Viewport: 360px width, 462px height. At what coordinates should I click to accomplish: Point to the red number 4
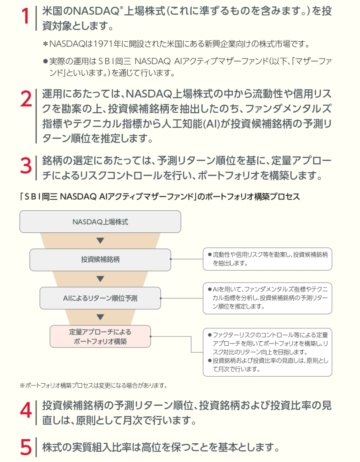pos(25,411)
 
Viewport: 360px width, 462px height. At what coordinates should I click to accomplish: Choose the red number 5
pos(25,447)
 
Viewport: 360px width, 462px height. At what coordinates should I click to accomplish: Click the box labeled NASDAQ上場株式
pos(100,222)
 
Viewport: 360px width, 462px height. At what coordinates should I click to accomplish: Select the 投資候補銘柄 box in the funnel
pos(100,259)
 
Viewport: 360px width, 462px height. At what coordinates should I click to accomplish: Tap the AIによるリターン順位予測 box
pos(100,298)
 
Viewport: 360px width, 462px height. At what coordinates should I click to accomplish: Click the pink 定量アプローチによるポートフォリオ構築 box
pos(100,336)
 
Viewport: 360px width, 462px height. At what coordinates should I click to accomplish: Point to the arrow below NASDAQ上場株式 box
pos(100,241)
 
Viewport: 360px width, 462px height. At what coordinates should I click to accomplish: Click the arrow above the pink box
pos(100,317)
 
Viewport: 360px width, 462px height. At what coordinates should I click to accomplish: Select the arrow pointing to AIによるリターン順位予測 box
pos(100,279)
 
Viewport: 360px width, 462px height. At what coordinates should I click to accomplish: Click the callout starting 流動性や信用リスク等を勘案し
pos(267,259)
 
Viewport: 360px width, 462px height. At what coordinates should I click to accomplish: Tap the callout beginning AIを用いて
pos(267,298)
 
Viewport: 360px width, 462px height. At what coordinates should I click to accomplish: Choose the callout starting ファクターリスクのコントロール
pos(267,352)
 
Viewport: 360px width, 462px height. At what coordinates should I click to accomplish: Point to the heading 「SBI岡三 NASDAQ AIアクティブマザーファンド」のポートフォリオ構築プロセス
pos(160,197)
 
